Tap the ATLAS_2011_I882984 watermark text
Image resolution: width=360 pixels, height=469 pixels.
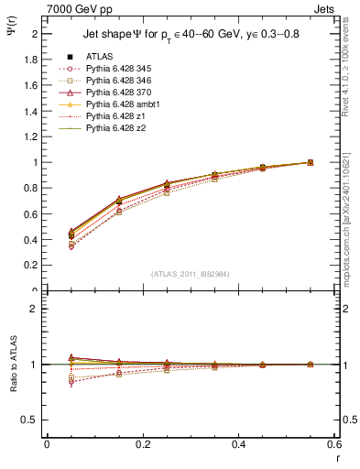pos(190,272)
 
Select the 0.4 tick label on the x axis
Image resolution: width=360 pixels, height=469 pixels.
pos(238,444)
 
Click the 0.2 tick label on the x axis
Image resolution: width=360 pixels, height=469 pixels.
pos(142,444)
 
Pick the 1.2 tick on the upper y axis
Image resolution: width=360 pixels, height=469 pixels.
pos(32,136)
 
